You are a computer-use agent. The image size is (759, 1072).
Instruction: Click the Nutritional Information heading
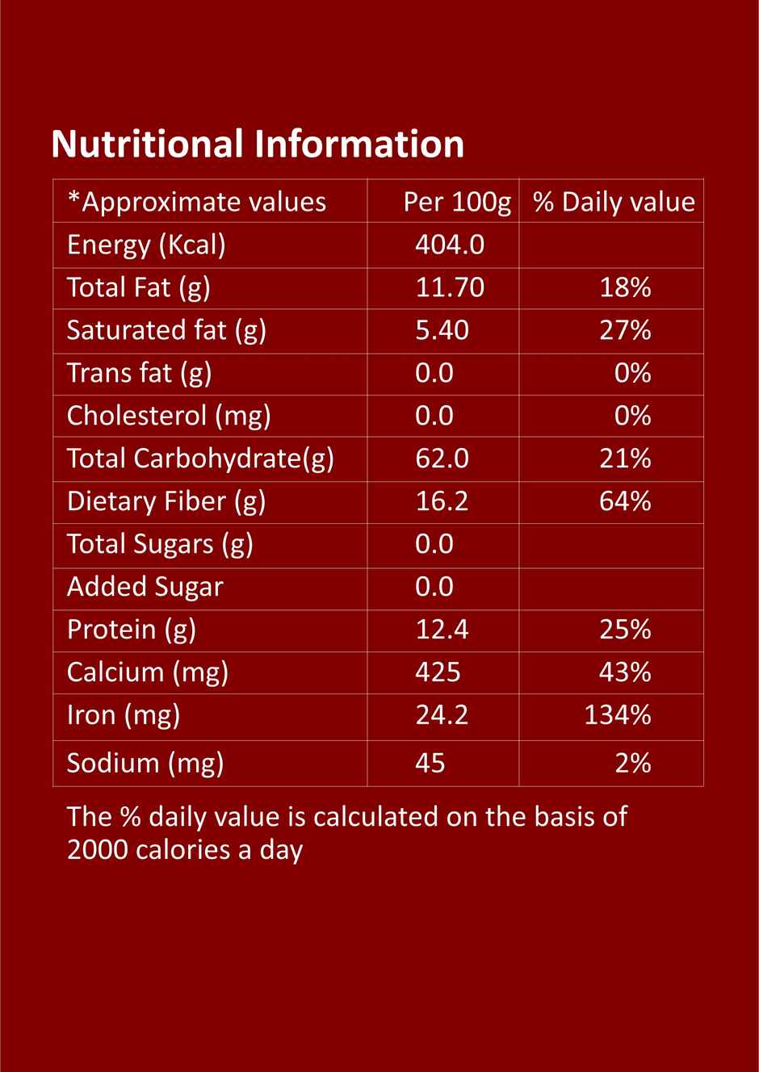pyautogui.click(x=258, y=144)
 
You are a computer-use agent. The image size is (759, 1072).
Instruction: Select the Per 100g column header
pyautogui.click(x=457, y=202)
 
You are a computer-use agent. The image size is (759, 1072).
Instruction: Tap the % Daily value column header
pyautogui.click(x=614, y=202)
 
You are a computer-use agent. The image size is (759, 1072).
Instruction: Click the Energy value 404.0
pyautogui.click(x=450, y=245)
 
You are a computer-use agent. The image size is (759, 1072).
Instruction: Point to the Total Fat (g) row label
pyautogui.click(x=138, y=287)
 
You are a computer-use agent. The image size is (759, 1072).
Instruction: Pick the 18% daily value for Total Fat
pyautogui.click(x=625, y=287)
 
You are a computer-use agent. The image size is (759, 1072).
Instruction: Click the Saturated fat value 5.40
pyautogui.click(x=442, y=330)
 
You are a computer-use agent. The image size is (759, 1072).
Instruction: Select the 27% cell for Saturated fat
pyautogui.click(x=625, y=330)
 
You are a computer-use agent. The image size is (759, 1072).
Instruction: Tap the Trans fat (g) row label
pyautogui.click(x=139, y=373)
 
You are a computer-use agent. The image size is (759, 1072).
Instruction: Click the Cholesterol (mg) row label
pyautogui.click(x=169, y=416)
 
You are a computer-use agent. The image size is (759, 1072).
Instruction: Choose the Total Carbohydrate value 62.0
pyautogui.click(x=442, y=459)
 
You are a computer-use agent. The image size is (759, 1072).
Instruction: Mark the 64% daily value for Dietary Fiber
pyautogui.click(x=625, y=501)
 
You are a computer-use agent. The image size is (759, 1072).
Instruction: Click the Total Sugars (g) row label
pyautogui.click(x=160, y=544)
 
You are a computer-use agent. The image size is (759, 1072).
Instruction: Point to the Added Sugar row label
pyautogui.click(x=145, y=587)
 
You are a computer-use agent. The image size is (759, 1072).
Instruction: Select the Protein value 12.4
pyautogui.click(x=442, y=630)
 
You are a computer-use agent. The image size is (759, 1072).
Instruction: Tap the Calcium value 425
pyautogui.click(x=438, y=672)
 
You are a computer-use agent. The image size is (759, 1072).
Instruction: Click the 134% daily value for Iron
pyautogui.click(x=618, y=715)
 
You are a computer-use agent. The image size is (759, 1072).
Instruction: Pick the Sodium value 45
pyautogui.click(x=430, y=763)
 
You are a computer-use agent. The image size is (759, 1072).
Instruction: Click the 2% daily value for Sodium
pyautogui.click(x=633, y=763)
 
